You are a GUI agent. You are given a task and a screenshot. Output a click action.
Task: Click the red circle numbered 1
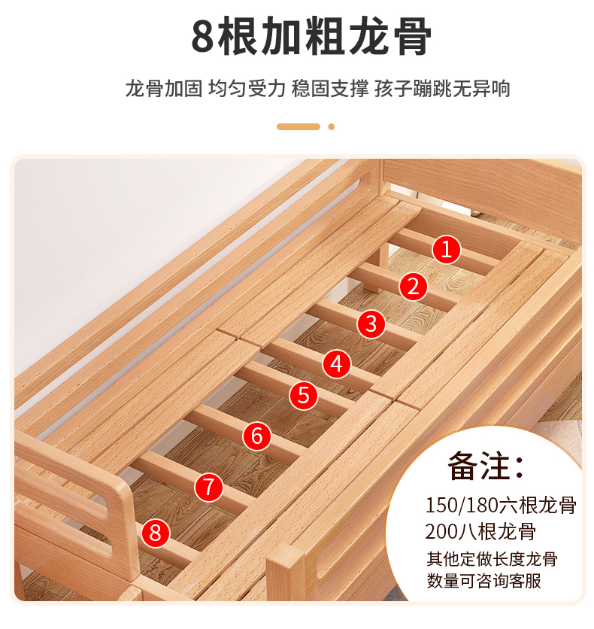(447, 250)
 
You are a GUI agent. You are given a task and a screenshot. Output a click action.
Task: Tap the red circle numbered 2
(414, 287)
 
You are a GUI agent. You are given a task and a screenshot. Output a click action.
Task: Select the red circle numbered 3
(371, 324)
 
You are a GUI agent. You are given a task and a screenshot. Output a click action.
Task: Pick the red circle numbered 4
(337, 364)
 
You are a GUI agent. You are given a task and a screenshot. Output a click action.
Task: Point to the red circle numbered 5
(304, 396)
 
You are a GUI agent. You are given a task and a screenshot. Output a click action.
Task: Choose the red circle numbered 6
(257, 436)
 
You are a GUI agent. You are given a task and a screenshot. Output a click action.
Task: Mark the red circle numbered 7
(209, 487)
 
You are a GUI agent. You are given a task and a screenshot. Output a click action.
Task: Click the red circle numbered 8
(156, 533)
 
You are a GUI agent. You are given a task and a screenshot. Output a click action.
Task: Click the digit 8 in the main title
(202, 36)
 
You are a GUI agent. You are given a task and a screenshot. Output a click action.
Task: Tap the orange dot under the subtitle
(332, 126)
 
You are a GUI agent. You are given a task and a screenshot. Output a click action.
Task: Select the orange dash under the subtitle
(299, 126)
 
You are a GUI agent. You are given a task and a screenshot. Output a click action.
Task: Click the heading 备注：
(486, 466)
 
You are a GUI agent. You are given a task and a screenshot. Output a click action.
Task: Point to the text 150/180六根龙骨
(501, 505)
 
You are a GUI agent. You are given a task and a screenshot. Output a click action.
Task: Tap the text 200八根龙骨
(480, 531)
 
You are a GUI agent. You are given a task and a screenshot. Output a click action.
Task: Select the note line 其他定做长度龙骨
(492, 559)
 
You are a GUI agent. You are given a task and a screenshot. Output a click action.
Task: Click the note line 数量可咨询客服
(483, 580)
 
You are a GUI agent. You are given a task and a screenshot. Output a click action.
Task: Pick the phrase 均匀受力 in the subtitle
(247, 88)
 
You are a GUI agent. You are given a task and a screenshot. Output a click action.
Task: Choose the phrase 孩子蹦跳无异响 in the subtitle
(443, 88)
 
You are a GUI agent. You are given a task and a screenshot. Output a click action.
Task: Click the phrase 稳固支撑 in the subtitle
(330, 88)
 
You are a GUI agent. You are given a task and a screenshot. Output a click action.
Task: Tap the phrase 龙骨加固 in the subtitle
(164, 88)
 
